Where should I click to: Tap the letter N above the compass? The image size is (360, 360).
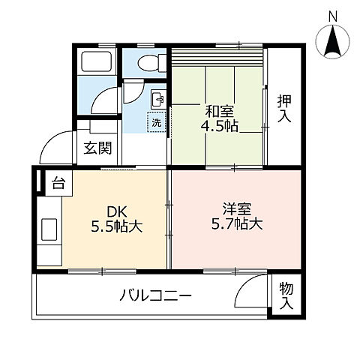[333, 16]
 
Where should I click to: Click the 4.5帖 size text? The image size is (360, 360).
[219, 126]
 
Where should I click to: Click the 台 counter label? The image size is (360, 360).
[58, 181]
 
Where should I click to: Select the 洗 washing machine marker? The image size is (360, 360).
[156, 121]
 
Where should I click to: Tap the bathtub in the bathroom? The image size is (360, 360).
[97, 63]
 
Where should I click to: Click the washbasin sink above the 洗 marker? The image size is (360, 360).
[157, 98]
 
